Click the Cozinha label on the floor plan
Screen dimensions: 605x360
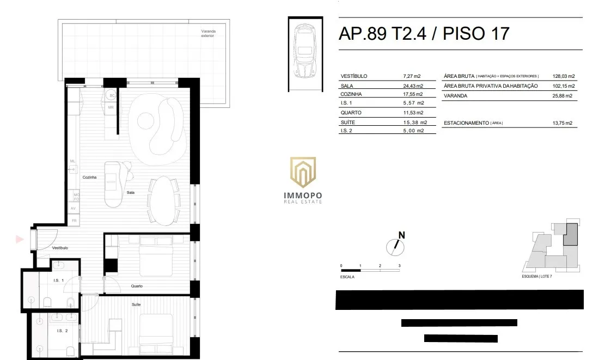tap(89, 177)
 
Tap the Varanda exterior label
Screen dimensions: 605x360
tap(208, 34)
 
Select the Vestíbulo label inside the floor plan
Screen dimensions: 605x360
tap(60, 248)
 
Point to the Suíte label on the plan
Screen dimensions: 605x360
tap(136, 304)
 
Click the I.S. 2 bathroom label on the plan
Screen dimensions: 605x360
tap(62, 331)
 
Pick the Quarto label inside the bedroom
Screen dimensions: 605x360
tap(137, 286)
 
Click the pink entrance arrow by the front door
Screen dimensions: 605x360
tap(20, 239)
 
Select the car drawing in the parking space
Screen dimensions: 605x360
tap(305, 51)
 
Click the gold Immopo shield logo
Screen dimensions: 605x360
tap(303, 172)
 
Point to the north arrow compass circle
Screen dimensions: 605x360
tap(395, 247)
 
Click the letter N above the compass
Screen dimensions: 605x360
tap(402, 235)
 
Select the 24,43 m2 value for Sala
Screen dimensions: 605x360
tap(413, 86)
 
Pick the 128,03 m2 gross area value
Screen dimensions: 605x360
tap(564, 76)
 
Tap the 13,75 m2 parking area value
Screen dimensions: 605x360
tap(563, 123)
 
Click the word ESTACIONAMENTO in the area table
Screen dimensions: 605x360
tap(467, 123)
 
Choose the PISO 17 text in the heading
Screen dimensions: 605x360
tap(476, 34)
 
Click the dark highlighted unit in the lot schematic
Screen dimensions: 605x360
tap(570, 234)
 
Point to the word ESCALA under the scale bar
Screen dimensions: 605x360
tap(347, 277)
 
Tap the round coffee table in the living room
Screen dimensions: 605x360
tap(146, 120)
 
